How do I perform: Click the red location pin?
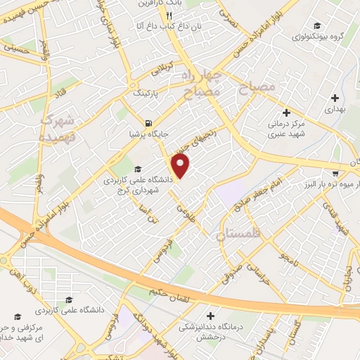click(181, 166)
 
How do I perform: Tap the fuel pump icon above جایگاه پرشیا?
click(147, 120)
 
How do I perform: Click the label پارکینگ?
click(146, 92)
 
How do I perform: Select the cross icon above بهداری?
click(335, 98)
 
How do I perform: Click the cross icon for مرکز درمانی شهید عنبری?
click(285, 112)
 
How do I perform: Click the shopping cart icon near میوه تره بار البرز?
click(335, 172)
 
